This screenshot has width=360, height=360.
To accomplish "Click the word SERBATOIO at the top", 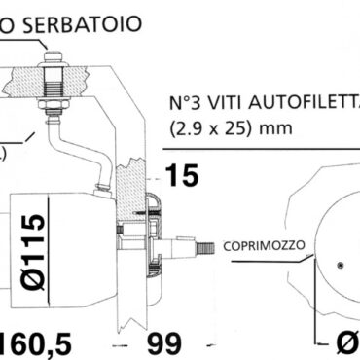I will (79, 23).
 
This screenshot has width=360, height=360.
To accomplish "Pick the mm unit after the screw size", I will (265, 126).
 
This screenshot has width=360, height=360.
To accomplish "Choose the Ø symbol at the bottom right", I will (345, 342).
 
